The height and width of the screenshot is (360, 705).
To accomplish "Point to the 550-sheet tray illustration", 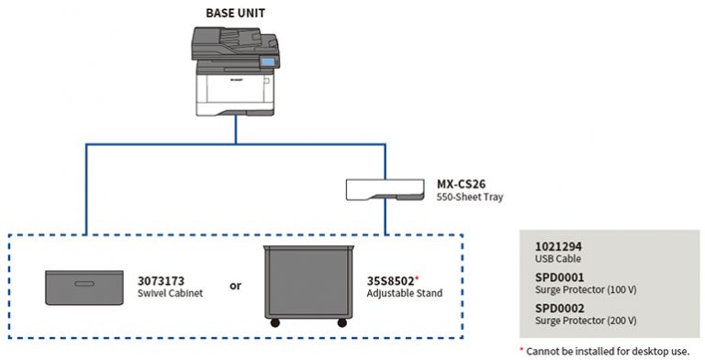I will [x=385, y=190].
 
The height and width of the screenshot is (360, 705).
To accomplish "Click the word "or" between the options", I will [x=236, y=286].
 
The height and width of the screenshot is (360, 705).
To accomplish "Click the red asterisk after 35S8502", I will [x=418, y=276].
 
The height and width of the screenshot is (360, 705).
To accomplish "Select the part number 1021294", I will [x=558, y=246].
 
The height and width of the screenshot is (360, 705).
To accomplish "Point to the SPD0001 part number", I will [x=558, y=276].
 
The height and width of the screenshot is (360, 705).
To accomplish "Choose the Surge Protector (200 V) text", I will [x=585, y=319].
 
